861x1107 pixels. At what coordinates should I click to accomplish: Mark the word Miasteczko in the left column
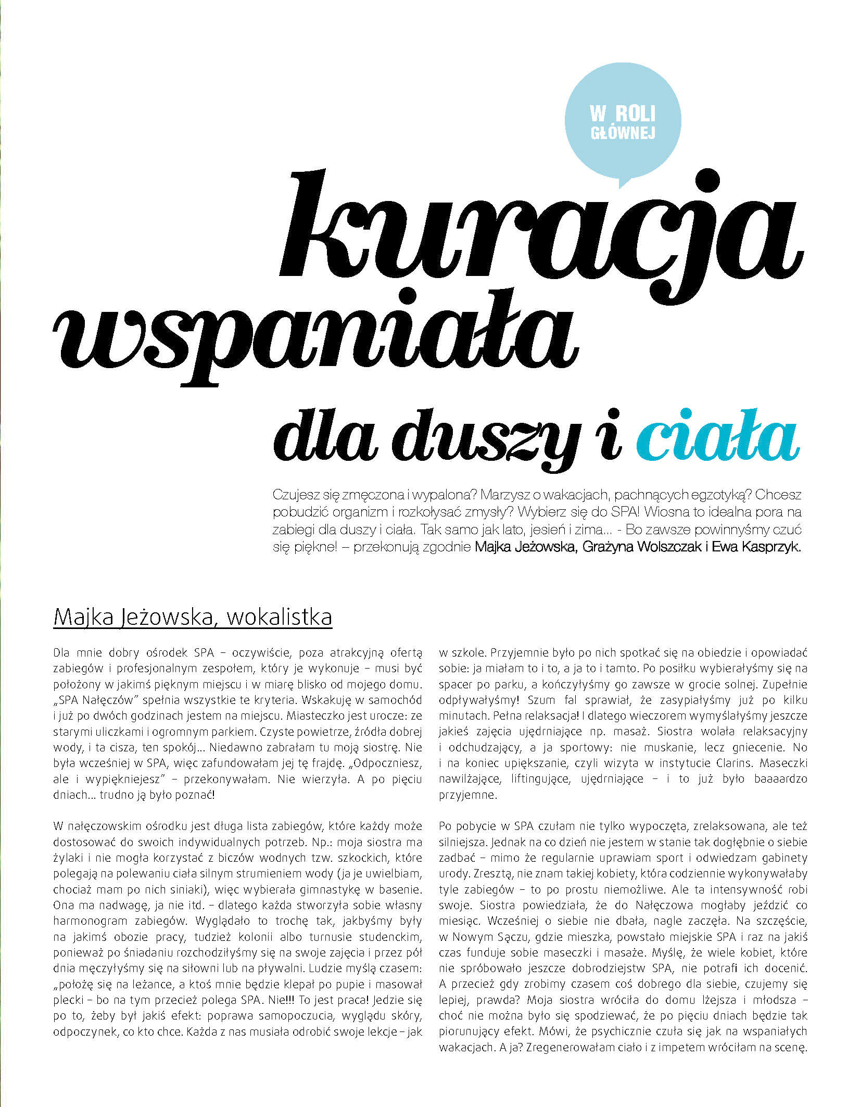coord(312,715)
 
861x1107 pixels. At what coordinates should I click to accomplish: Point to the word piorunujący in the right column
coord(472,1031)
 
